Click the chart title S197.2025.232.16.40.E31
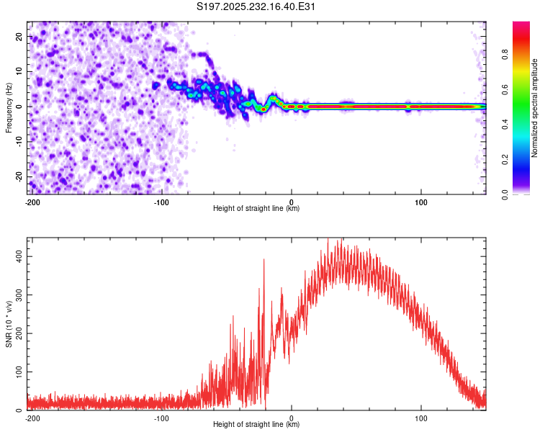(x=256, y=7)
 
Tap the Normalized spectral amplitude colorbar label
(x=534, y=108)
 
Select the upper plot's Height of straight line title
(x=256, y=209)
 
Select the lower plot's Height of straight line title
(x=256, y=425)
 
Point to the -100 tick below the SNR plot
(x=161, y=418)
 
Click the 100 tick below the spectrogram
(x=422, y=202)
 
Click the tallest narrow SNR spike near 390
(x=264, y=260)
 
